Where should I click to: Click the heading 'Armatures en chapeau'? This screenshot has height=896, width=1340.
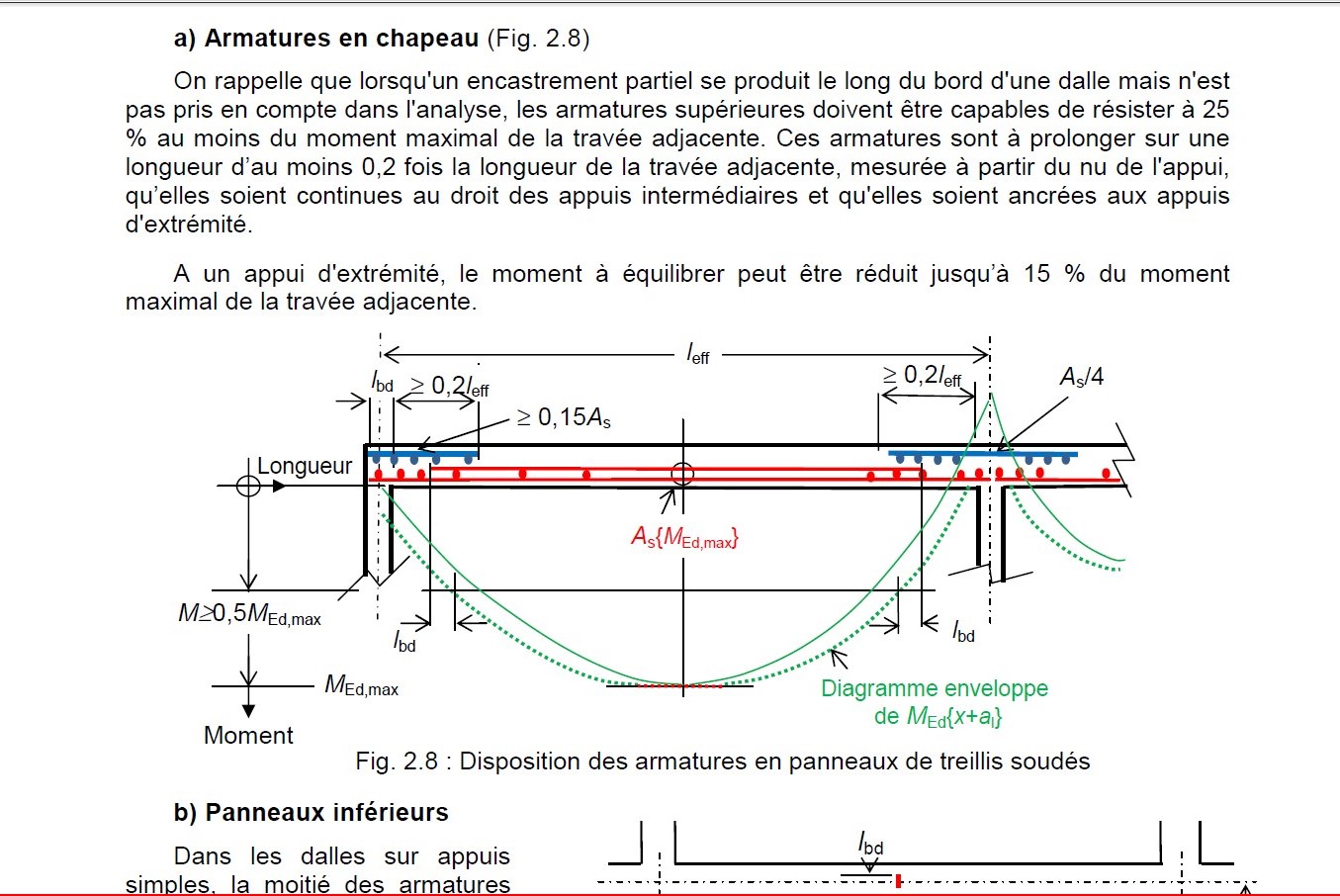(341, 39)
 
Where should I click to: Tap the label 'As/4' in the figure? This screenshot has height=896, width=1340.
(1082, 377)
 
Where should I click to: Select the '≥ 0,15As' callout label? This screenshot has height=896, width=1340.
(564, 417)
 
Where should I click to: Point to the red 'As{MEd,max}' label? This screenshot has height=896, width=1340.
(685, 538)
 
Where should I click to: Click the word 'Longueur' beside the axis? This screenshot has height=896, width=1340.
(305, 466)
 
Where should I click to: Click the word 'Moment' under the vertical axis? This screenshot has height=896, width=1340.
(248, 735)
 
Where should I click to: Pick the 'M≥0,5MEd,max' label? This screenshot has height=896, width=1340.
(249, 614)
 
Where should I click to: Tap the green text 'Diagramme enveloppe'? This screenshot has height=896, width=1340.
(935, 688)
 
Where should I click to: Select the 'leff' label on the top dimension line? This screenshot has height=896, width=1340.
(698, 353)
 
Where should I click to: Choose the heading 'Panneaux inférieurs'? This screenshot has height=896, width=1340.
(326, 812)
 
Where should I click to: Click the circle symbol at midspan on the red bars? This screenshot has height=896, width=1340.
(682, 474)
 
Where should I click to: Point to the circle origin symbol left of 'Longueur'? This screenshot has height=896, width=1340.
(248, 485)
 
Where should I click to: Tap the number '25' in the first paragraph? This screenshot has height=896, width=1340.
(1216, 110)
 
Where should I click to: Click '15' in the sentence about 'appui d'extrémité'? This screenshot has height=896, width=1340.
(1036, 274)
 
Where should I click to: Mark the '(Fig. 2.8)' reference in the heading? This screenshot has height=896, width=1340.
(538, 39)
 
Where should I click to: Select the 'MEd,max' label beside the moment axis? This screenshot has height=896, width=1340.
(361, 685)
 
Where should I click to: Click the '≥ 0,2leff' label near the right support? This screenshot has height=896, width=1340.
(922, 376)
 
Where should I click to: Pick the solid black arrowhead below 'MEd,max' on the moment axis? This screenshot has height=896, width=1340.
(248, 711)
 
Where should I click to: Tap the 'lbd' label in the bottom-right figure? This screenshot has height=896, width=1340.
(870, 844)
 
